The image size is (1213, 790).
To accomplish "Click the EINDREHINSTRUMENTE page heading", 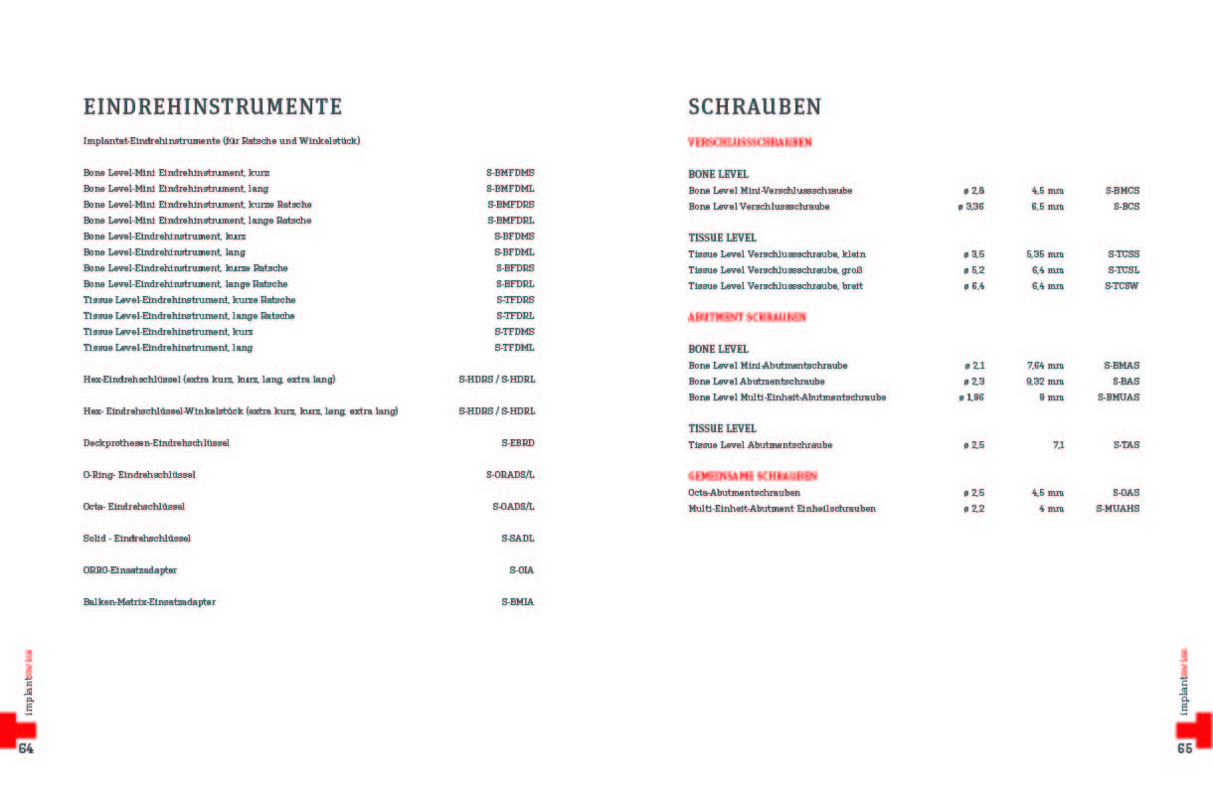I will pos(213,107).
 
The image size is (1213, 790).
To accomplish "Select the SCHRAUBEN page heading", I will pos(755,107).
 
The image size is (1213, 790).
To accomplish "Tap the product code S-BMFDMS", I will pos(510,173).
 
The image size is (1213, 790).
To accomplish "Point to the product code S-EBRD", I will pos(517,443).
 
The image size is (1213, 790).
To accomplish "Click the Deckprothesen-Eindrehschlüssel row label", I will pos(156,443).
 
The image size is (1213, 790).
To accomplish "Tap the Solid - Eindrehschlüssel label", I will pos(137,539).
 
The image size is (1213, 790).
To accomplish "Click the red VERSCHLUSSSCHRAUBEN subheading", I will pos(750,142).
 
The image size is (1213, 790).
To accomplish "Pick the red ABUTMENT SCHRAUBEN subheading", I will pos(747,317).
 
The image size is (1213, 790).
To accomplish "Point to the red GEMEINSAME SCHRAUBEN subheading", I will pos(753,476).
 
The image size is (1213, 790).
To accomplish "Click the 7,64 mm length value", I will pos(1045,366).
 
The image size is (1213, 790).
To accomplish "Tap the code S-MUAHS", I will pos(1118,509).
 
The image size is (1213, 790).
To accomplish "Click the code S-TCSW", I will pos(1123,286).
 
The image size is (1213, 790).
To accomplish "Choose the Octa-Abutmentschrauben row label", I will pos(744,493).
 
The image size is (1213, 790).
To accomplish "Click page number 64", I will pos(26,748).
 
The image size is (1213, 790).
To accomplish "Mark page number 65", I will pos(1184,748).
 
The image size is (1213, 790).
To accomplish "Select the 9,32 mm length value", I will pos(1045,382).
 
